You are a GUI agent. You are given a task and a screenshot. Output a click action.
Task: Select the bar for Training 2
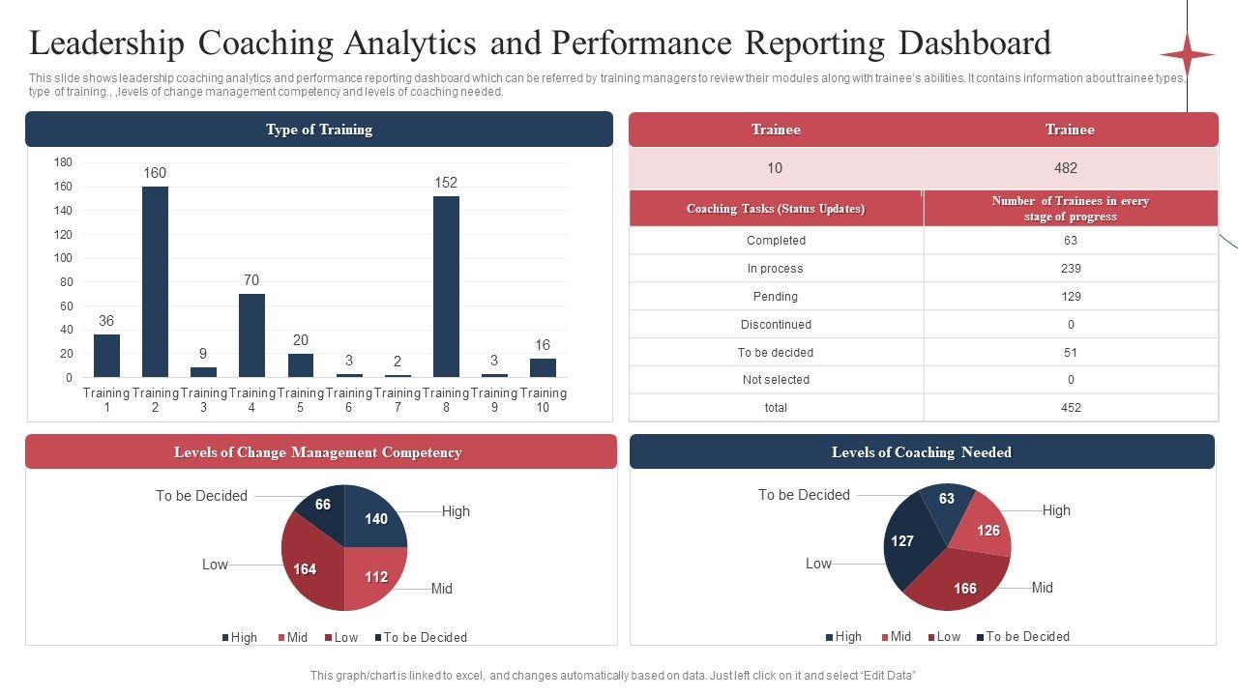(155, 281)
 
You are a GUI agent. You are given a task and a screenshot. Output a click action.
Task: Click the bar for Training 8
(446, 286)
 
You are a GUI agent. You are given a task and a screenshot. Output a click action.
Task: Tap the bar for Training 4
(251, 334)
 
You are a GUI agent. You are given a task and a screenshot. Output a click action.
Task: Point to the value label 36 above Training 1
(106, 321)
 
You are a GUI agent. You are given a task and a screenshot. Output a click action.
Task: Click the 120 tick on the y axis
(63, 235)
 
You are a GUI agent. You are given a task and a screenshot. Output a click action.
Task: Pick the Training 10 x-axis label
(543, 400)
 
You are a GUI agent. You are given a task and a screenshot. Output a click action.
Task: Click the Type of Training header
(319, 130)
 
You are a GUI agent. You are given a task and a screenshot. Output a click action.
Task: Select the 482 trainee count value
(1066, 168)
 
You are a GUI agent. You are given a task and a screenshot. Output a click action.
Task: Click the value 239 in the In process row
(1071, 269)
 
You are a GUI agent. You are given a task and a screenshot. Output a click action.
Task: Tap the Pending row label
(776, 297)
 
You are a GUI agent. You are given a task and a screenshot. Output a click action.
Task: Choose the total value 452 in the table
(1071, 408)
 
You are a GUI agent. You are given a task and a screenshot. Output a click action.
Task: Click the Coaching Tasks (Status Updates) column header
(776, 209)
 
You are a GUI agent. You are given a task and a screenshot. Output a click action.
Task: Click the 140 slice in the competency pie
(376, 517)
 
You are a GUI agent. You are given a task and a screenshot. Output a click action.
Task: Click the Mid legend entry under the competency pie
(291, 638)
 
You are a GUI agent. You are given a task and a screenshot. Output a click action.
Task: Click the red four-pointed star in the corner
(1187, 54)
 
